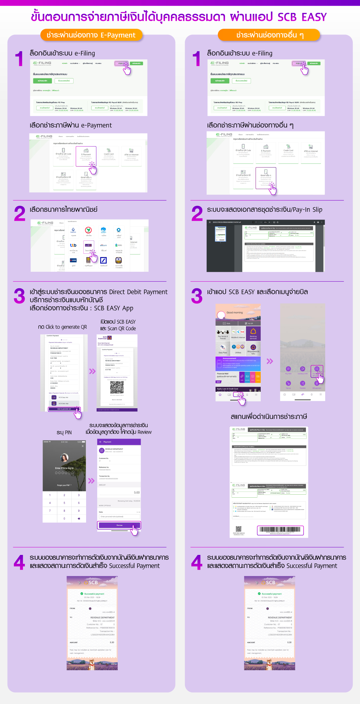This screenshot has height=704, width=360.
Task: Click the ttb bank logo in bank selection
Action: (73, 245)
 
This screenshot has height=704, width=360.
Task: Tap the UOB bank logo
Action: (73, 260)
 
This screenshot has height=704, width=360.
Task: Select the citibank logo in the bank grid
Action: (103, 245)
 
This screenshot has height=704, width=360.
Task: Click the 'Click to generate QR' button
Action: (64, 409)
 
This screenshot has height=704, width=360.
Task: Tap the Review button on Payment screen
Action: (119, 525)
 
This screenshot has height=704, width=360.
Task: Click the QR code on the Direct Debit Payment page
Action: (117, 387)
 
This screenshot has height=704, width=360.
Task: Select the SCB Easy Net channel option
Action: (64, 397)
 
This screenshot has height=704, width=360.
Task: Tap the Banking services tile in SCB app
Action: (253, 333)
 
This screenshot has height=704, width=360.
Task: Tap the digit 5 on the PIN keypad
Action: (64, 503)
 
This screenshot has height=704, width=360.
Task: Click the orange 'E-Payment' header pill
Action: (91, 35)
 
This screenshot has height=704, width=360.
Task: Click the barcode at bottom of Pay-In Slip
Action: (280, 530)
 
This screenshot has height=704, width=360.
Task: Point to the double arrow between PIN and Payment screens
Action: (91, 481)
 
